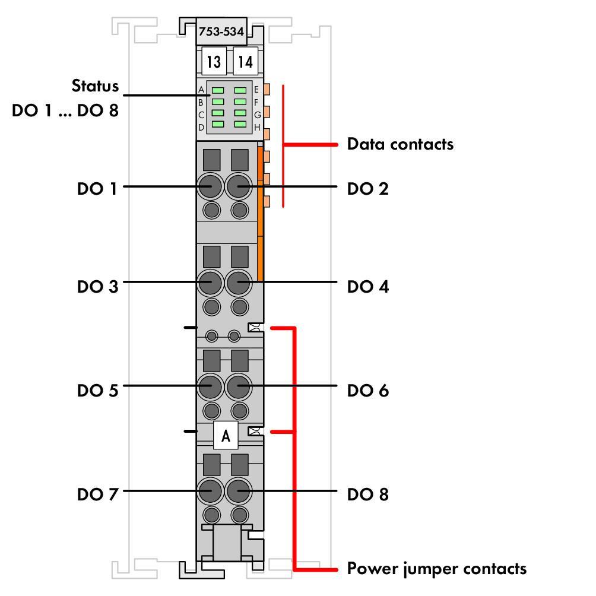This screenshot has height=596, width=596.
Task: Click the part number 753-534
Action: pyautogui.click(x=221, y=31)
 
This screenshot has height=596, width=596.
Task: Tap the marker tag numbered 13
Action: pyautogui.click(x=214, y=61)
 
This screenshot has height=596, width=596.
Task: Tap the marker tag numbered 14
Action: pyautogui.click(x=246, y=61)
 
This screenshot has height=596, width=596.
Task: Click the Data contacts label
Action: pyautogui.click(x=400, y=144)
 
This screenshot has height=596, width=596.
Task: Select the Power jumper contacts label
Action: pyautogui.click(x=437, y=569)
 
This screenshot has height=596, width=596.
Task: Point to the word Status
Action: pyautogui.click(x=95, y=86)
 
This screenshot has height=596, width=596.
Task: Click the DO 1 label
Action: pyautogui.click(x=97, y=189)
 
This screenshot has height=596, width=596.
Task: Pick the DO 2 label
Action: pyautogui.click(x=367, y=189)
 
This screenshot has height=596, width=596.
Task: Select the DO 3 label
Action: pyautogui.click(x=98, y=287)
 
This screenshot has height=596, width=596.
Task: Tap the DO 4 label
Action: pyautogui.click(x=368, y=287)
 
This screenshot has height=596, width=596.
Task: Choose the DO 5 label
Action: pyautogui.click(x=98, y=391)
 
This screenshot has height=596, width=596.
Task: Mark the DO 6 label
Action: pyautogui.click(x=368, y=391)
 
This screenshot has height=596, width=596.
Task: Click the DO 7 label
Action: pyautogui.click(x=98, y=494)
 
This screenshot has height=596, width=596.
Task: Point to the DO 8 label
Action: pyautogui.click(x=368, y=494)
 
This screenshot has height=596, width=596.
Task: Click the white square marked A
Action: pyautogui.click(x=226, y=435)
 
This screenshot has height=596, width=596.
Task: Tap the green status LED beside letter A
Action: pyautogui.click(x=218, y=90)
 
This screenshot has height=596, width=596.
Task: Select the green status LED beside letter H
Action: pyautogui.click(x=240, y=124)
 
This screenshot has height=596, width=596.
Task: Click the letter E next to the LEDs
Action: pyautogui.click(x=256, y=90)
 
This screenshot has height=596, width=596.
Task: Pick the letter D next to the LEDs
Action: pyautogui.click(x=201, y=128)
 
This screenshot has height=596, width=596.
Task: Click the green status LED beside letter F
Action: pyautogui.click(x=240, y=102)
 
